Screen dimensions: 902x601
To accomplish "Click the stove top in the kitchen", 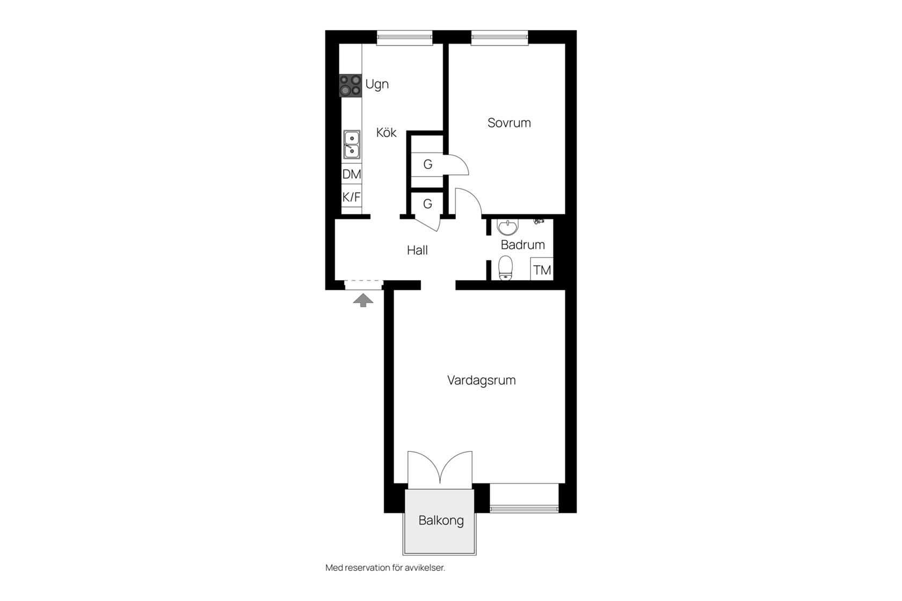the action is tap(350, 85).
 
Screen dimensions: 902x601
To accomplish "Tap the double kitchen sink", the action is tap(352, 144).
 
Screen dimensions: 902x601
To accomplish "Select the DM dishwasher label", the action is tap(352, 174).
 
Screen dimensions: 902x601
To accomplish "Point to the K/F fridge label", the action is tap(352, 197).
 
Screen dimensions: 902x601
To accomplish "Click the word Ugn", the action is tap(377, 85).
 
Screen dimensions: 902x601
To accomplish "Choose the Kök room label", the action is tap(386, 132).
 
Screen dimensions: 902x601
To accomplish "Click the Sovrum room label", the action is tap(509, 123).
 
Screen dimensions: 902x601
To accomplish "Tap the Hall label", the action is tap(417, 251).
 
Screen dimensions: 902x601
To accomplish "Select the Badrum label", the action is tap(523, 245).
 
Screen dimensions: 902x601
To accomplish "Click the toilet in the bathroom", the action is tap(505, 267).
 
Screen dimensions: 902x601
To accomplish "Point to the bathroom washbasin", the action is tap(507, 226).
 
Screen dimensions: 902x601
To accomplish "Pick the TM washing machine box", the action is tap(542, 268).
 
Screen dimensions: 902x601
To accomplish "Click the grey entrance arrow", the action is tap(363, 300).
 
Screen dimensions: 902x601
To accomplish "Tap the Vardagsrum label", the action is tap(481, 380).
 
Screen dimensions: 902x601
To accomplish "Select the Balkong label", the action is tap(441, 521).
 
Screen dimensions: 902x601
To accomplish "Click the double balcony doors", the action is tap(440, 469).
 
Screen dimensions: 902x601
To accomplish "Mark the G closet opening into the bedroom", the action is tap(427, 164).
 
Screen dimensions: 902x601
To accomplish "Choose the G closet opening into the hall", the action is tap(427, 204).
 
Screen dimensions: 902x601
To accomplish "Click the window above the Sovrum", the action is tap(499, 38).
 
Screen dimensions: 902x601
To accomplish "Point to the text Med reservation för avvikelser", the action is tap(385, 568).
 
